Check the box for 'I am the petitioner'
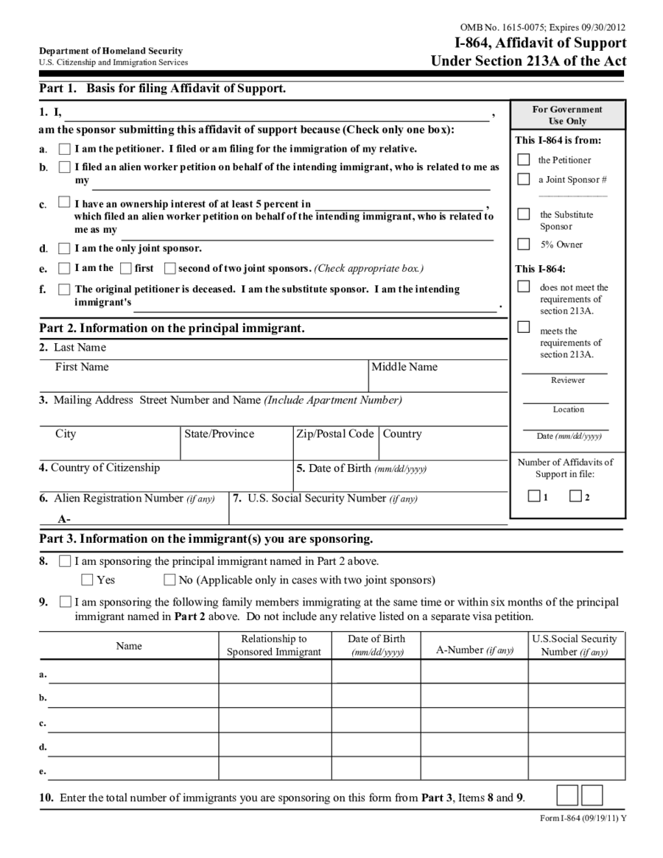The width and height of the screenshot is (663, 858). pos(65,149)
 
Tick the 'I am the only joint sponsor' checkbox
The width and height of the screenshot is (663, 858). pos(65,249)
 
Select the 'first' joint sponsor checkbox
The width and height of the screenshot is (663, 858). pos(126,269)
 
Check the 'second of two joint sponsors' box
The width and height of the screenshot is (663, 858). pos(170,269)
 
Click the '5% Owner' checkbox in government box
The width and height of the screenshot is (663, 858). pos(524,244)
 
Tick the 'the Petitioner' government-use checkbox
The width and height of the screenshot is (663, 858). pos(524,159)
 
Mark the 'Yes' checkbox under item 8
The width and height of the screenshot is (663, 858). pos(88,580)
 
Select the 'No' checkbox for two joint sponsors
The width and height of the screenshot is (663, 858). pos(170,580)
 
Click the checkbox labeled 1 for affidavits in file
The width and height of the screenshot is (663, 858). pos(534,496)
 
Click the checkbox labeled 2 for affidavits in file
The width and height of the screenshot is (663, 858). pos(575,496)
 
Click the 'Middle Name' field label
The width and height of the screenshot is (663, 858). pos(404,367)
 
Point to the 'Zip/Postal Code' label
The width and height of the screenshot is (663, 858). pos(334,434)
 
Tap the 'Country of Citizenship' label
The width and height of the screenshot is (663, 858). pos(99,468)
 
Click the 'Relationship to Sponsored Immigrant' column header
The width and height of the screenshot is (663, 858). pos(274,645)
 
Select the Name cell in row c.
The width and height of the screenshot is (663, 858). pos(133,720)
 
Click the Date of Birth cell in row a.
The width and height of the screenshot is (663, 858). pos(376,672)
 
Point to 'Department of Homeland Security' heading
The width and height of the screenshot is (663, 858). pos(110,51)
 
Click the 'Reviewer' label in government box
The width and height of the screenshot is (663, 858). pos(567,380)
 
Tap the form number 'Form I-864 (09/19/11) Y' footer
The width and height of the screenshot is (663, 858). pos(578,819)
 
